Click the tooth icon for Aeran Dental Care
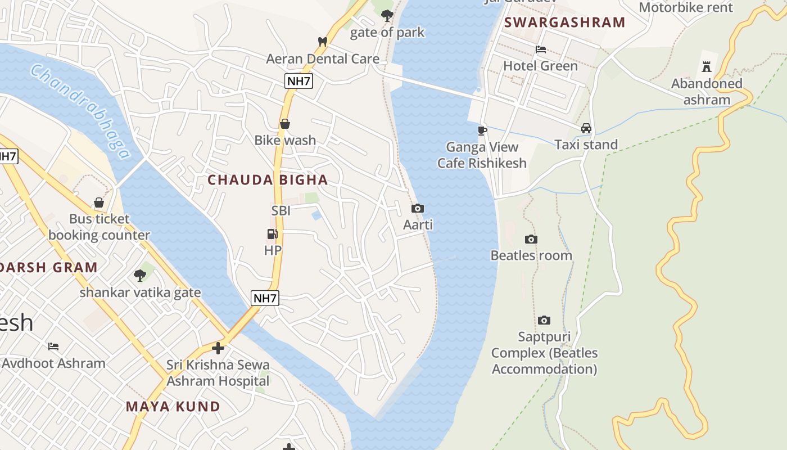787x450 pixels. click(323, 42)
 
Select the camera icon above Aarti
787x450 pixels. click(418, 209)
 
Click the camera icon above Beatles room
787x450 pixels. click(531, 239)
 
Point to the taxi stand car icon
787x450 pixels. click(586, 128)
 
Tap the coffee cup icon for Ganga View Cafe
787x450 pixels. click(482, 130)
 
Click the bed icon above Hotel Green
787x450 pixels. click(541, 49)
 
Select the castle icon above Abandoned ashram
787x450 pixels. click(707, 67)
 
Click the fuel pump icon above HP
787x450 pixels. click(273, 234)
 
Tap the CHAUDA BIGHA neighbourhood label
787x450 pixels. click(268, 180)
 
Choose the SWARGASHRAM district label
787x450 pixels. click(565, 22)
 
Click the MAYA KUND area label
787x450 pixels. click(173, 406)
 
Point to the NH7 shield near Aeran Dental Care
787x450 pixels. click(298, 81)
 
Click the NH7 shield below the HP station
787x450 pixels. click(265, 298)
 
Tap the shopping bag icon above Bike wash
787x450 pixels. click(285, 124)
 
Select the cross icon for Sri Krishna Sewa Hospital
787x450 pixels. click(218, 348)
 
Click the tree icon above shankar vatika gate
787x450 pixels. click(140, 276)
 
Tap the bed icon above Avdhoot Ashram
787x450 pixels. click(53, 346)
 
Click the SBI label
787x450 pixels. click(281, 211)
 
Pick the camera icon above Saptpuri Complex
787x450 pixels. click(544, 320)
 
